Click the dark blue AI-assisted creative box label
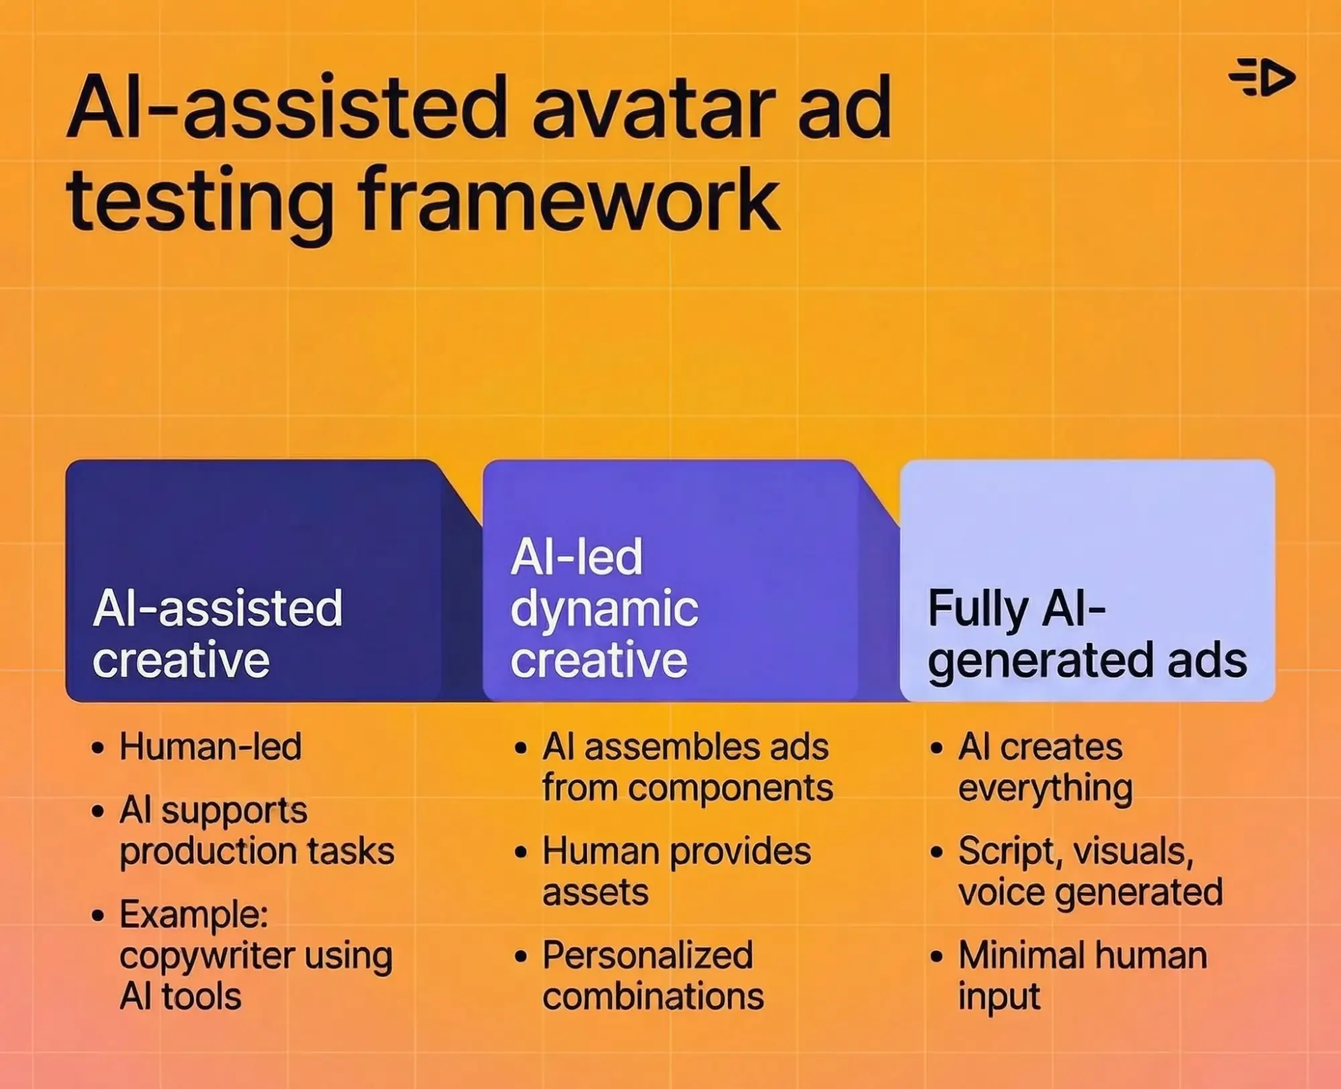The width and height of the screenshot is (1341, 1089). tap(218, 633)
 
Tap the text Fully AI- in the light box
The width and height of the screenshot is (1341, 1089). tap(1016, 608)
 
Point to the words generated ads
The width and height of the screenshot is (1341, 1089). tap(1087, 661)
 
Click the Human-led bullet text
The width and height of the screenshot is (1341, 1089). tap(211, 747)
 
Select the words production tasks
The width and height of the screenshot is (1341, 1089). tap(257, 851)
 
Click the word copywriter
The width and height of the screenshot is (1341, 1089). tap(207, 956)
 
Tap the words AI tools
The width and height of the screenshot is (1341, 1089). tap(180, 997)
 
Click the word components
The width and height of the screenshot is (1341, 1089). tap(731, 788)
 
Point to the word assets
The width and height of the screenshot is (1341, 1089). tap(595, 893)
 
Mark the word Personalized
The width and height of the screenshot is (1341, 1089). tap(648, 955)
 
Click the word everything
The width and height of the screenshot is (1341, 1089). tap(1045, 788)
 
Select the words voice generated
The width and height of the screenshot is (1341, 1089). tap(1090, 893)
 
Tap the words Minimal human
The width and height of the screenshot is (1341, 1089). tap(1082, 955)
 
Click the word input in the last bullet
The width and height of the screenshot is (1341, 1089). tap(999, 997)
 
